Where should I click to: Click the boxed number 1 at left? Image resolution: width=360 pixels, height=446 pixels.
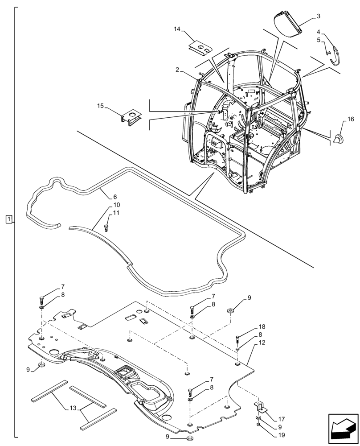click(x=9, y=219)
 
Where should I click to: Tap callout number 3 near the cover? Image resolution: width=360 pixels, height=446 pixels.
click(x=319, y=16)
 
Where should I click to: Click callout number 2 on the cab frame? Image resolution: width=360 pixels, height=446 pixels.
click(x=177, y=70)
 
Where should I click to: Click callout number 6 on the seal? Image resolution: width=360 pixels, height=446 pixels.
click(x=115, y=197)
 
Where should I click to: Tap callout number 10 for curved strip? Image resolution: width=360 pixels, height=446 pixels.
click(x=117, y=205)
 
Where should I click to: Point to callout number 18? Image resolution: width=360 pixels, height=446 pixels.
click(x=262, y=326)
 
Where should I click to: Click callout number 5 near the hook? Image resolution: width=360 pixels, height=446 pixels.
click(x=319, y=40)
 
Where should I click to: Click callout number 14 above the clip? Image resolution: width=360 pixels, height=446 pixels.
click(x=177, y=29)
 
